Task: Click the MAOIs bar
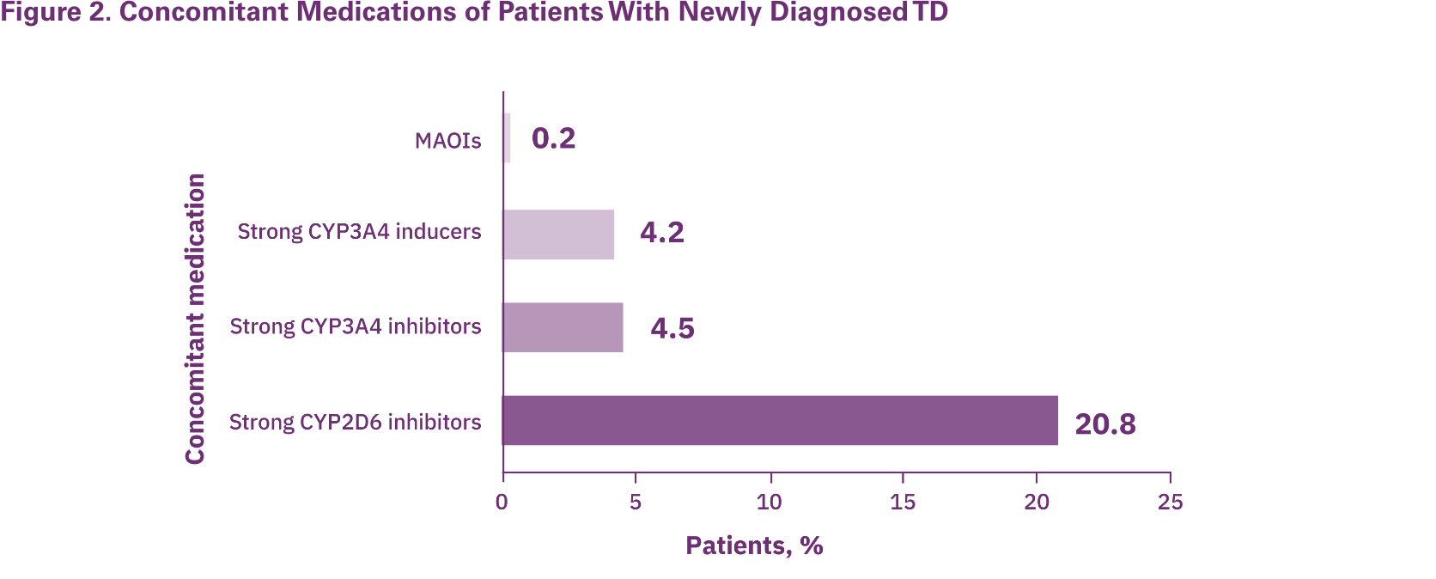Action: tap(507, 138)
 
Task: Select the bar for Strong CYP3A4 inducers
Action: tap(558, 234)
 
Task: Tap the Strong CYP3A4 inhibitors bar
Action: tap(563, 326)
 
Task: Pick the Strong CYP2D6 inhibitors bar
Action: tap(780, 421)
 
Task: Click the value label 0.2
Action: tap(553, 138)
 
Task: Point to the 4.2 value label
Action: tap(661, 233)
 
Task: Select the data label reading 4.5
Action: tap(672, 328)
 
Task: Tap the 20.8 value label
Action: tap(1104, 424)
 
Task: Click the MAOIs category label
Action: tap(447, 141)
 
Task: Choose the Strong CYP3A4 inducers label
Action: tap(359, 232)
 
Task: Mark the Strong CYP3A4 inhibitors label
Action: tap(356, 326)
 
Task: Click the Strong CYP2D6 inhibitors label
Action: tap(356, 422)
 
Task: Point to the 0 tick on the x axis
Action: tap(502, 503)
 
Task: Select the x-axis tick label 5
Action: tap(636, 503)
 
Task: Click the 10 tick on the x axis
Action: tap(769, 503)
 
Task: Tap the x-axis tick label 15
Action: tap(903, 503)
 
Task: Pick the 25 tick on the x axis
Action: tap(1170, 503)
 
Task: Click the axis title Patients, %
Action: tap(754, 545)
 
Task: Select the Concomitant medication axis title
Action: tap(196, 319)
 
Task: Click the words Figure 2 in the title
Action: tap(53, 13)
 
